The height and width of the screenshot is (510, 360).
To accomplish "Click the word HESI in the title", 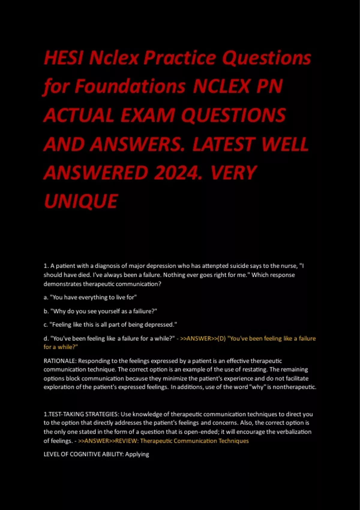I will click(63, 58).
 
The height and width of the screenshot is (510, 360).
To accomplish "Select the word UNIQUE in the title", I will click(81, 201).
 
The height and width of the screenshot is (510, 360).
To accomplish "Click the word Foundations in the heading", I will click(130, 86).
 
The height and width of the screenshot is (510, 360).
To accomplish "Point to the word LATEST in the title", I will click(224, 144).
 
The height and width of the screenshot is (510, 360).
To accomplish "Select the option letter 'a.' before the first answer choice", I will click(46, 297).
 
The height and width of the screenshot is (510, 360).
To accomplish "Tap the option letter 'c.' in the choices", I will click(46, 325).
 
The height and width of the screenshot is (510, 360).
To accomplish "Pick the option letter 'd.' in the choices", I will click(46, 338).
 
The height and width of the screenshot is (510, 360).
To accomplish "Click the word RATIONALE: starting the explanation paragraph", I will click(60, 361).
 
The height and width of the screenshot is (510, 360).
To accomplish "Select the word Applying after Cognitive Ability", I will click(137, 454).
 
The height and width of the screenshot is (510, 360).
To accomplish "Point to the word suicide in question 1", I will click(237, 266).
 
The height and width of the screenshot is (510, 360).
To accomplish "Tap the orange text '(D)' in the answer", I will click(221, 338).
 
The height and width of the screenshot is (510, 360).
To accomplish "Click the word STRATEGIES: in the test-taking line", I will click(102, 414).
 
